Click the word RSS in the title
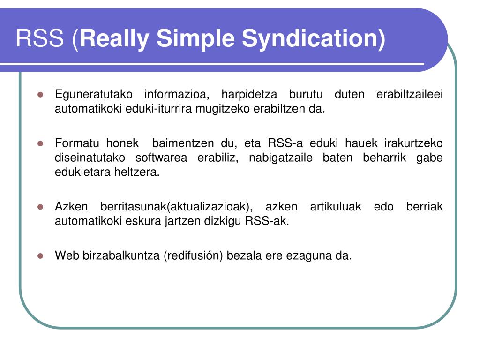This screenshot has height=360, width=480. [39, 38]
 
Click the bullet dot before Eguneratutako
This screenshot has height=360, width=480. [40, 94]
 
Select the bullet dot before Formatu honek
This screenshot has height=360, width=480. [40, 143]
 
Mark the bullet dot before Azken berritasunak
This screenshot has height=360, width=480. [40, 207]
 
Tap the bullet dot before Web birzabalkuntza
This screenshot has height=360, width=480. [40, 256]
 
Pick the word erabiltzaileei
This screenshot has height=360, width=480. [410, 94]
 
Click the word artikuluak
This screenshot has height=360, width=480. [336, 207]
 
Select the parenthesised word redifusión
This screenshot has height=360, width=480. [193, 256]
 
